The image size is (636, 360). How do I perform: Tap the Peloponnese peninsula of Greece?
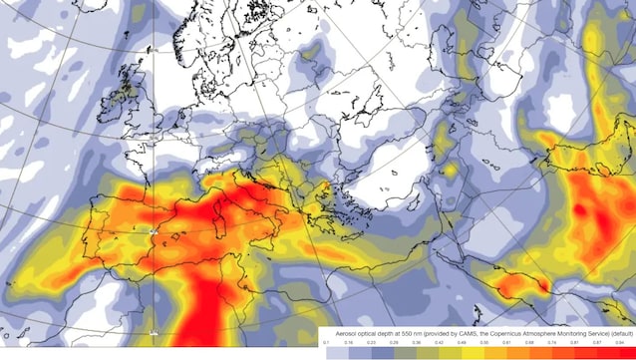pyautogui.click(x=322, y=216)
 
